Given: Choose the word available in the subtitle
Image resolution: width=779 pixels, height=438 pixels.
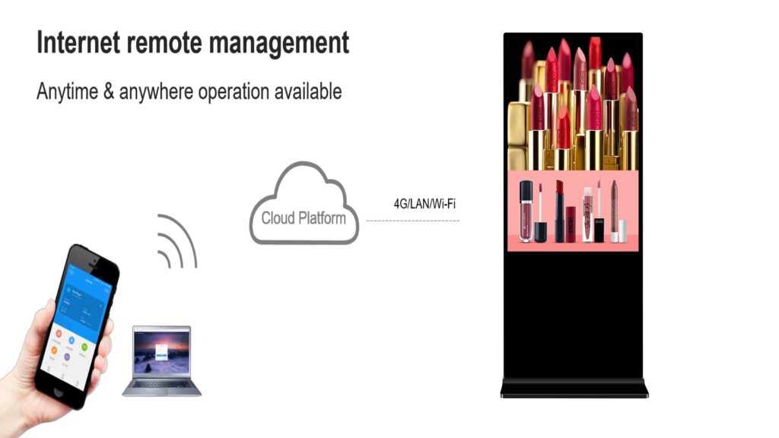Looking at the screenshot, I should (302, 92).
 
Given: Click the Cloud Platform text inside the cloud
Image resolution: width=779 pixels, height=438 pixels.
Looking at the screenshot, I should (304, 218).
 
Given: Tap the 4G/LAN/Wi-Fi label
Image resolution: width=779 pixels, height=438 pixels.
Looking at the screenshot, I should (424, 203).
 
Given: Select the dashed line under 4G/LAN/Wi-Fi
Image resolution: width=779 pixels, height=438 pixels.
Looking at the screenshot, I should (413, 221).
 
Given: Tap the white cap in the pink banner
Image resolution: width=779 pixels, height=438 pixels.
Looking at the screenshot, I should (622, 231).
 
